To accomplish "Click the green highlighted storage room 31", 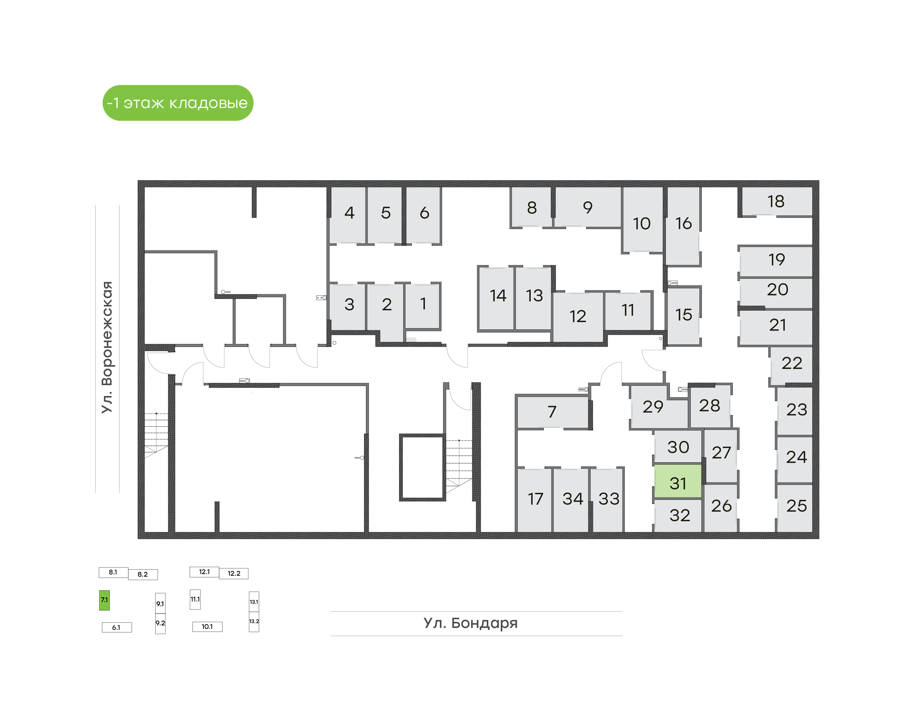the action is coord(678,481).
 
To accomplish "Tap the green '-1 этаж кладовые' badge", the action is coord(178,103).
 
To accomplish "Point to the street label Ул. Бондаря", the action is coord(470,623).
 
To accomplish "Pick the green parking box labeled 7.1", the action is coord(104,600).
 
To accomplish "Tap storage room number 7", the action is coord(552,412).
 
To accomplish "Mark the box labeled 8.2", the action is coord(143,574).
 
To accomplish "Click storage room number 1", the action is coord(423,306).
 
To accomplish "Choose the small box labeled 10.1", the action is coord(207,626).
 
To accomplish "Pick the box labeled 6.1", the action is coord(117,627).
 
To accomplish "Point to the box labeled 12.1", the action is coord(204,572).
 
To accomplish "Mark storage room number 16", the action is coord(683,226).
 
